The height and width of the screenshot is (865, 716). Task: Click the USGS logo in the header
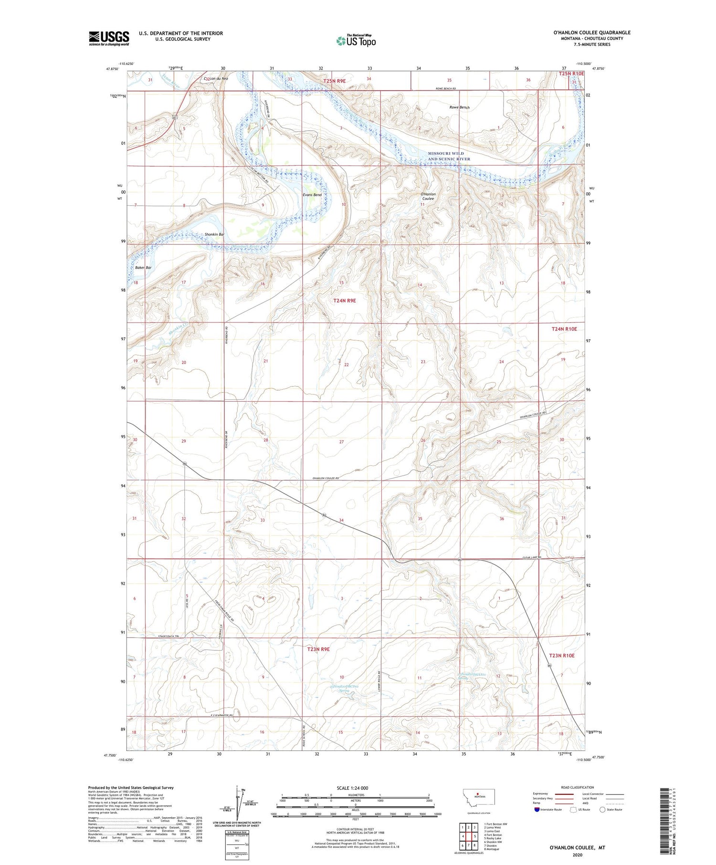109,38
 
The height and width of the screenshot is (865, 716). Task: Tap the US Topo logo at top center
356,41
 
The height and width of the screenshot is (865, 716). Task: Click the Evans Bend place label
312,195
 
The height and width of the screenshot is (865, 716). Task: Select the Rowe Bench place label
459,107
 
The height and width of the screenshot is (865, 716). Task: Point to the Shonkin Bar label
214,234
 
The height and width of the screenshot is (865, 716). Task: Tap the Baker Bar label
143,268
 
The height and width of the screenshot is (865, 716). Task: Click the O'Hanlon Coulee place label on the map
428,197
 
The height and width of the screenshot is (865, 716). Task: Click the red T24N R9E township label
345,301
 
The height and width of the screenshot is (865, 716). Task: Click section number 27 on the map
341,442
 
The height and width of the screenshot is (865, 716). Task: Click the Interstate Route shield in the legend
538,809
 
